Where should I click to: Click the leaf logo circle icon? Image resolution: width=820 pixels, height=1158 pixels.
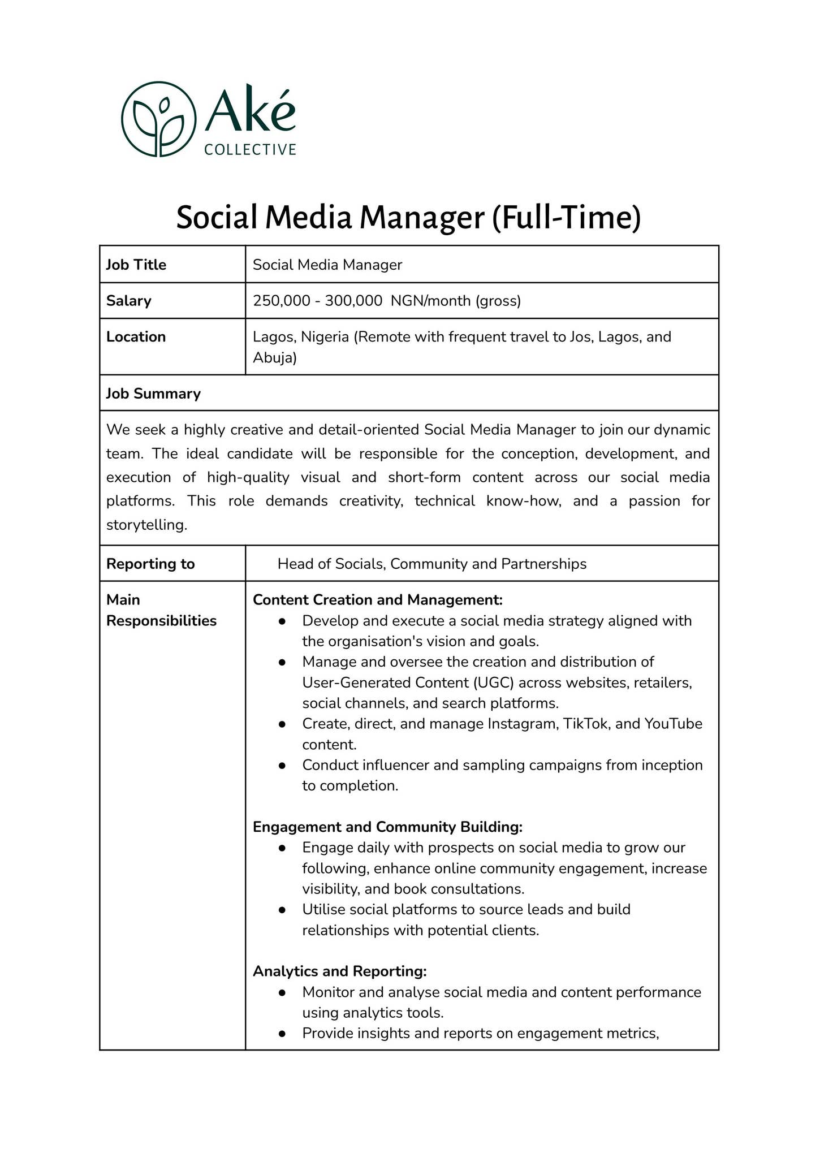tap(159, 119)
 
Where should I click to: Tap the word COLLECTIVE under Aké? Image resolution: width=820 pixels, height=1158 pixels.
tap(250, 150)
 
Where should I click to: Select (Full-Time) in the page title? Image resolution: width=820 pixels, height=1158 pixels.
tap(566, 218)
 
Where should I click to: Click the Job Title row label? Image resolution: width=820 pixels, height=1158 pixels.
tap(136, 265)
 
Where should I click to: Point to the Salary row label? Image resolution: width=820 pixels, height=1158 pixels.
tap(129, 300)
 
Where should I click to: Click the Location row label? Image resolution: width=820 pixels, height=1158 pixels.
tap(136, 336)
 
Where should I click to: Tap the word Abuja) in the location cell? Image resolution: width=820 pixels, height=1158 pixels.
tap(275, 357)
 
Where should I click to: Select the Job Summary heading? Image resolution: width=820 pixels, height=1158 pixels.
tap(153, 394)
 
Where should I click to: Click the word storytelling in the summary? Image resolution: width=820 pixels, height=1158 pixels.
tap(146, 525)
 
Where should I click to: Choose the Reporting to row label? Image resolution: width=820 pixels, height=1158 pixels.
tap(150, 564)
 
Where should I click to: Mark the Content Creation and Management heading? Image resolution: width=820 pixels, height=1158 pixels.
tap(378, 599)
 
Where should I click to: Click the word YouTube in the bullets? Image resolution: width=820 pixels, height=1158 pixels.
tap(673, 724)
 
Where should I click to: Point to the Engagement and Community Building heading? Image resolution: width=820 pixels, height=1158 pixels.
tap(387, 827)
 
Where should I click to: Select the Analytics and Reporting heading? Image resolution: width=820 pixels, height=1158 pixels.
tap(339, 971)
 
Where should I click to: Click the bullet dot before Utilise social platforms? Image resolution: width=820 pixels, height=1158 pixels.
tap(282, 910)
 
